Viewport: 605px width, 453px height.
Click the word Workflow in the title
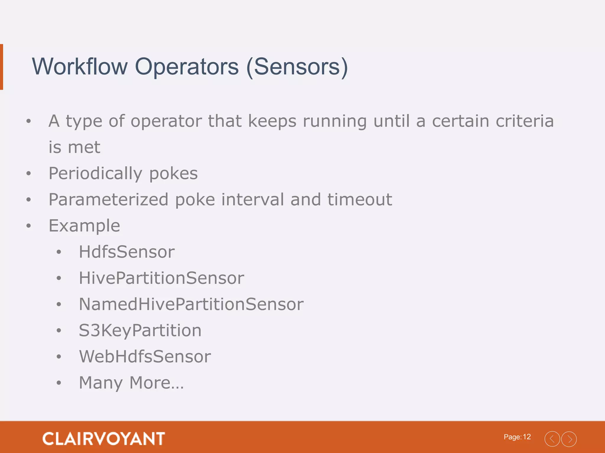click(80, 67)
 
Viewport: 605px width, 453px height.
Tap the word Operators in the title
click(187, 67)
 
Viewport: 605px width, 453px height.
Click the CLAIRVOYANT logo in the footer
click(104, 439)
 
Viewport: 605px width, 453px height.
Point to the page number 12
click(527, 437)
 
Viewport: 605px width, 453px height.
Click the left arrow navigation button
click(552, 439)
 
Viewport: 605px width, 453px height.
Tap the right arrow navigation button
click(569, 439)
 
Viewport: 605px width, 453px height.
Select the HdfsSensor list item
click(127, 252)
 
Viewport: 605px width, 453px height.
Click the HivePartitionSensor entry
click(162, 278)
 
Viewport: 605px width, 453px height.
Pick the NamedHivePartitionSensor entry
click(191, 304)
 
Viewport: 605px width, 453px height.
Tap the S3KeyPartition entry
click(140, 330)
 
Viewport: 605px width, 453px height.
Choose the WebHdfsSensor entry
click(145, 356)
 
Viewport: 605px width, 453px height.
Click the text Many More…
click(131, 383)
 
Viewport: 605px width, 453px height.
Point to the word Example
click(84, 226)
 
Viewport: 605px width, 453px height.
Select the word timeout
click(360, 199)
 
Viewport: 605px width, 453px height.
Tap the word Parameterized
click(108, 199)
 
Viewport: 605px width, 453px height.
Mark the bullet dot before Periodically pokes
click(29, 173)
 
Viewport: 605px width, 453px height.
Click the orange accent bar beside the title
click(1, 67)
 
